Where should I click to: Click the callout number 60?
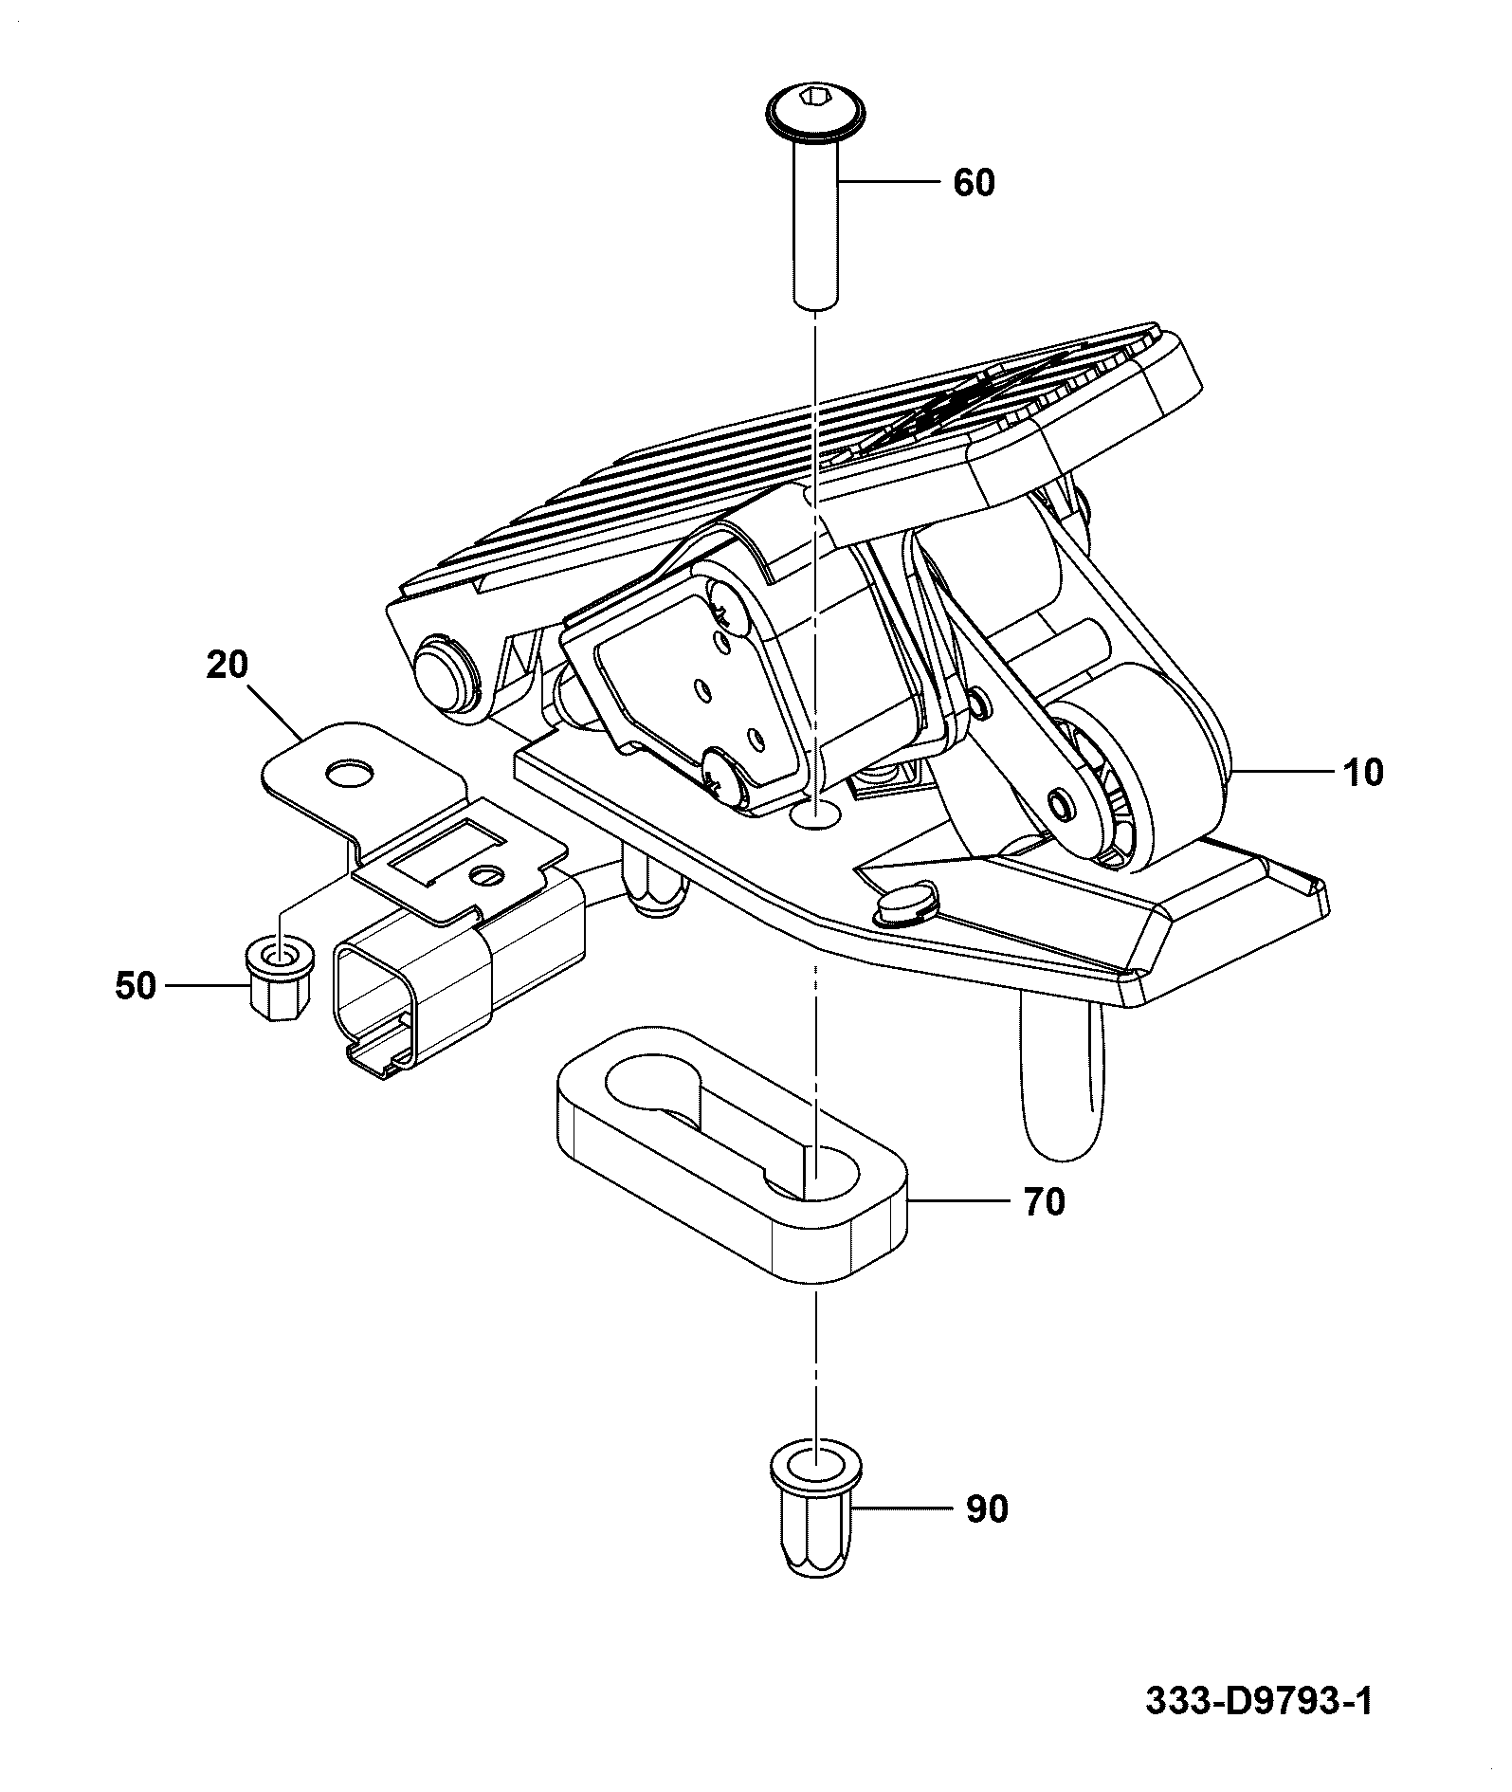click(974, 182)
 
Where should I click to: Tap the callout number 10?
click(1362, 773)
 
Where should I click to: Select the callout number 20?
click(227, 666)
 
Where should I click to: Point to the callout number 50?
click(135, 986)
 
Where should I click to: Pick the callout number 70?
click(1044, 1202)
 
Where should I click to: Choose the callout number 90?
click(987, 1509)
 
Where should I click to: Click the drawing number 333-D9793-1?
click(1258, 1701)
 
